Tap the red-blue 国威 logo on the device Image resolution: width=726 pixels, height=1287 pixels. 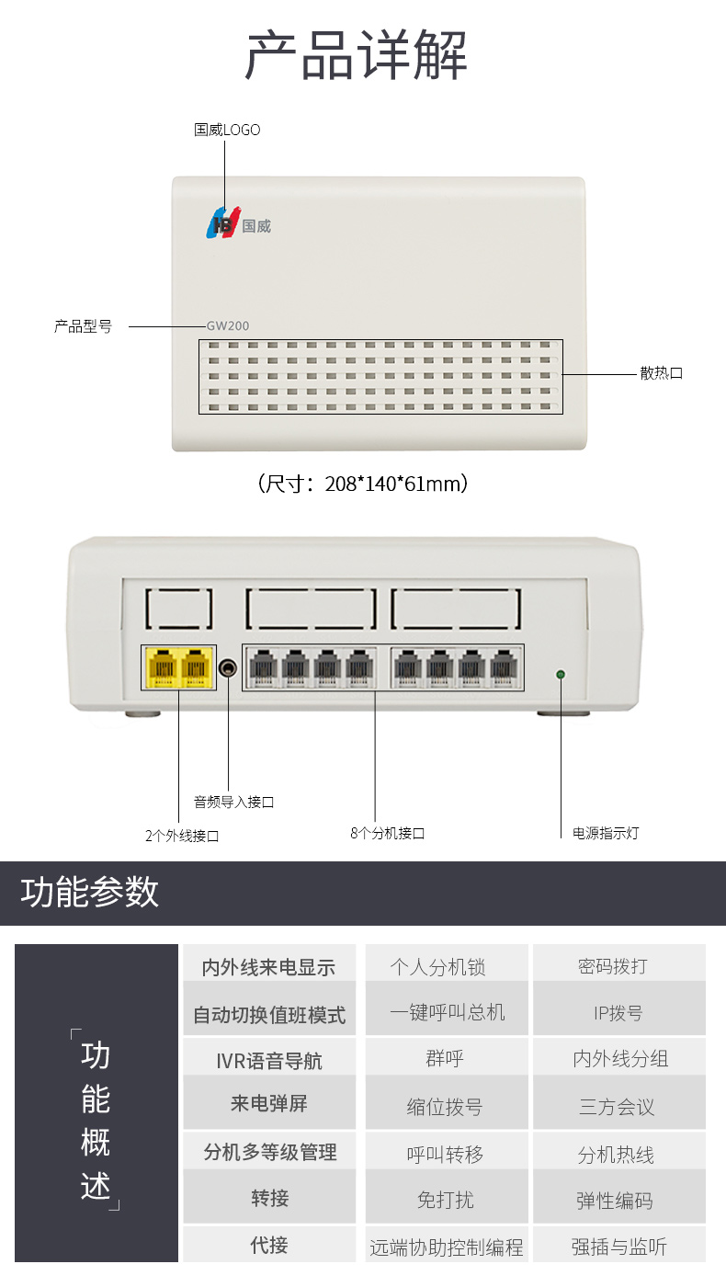(222, 223)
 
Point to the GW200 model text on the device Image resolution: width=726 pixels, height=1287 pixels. (228, 325)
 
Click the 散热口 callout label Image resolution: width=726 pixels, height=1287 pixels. (662, 373)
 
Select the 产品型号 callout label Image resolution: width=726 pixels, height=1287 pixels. (83, 326)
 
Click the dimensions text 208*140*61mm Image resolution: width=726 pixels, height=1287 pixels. (363, 484)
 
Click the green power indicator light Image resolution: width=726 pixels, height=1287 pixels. (561, 675)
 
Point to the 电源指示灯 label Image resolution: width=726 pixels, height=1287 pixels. (606, 833)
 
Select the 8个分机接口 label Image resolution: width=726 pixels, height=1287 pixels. (388, 833)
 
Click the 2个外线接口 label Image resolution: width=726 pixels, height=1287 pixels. (182, 836)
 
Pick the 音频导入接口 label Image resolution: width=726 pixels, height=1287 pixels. (233, 802)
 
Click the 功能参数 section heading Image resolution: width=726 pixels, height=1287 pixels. (90, 893)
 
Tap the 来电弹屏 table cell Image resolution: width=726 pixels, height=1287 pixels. (268, 1103)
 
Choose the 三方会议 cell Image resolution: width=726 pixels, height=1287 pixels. (617, 1107)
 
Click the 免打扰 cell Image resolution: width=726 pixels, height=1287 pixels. (445, 1200)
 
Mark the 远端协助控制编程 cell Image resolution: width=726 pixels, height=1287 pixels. (447, 1247)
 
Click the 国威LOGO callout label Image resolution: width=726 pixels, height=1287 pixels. (227, 131)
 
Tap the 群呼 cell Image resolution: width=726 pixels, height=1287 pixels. (445, 1059)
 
